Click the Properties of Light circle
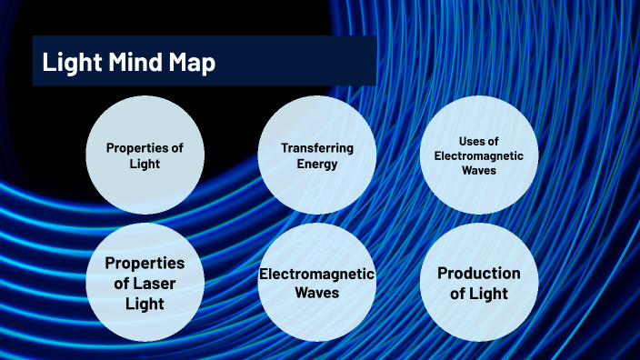coord(145,155)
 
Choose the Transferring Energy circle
coord(316,155)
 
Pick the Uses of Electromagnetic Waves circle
coord(478,155)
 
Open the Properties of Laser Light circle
coord(145,282)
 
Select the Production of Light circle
coord(478,282)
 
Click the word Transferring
coord(316,147)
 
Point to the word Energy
coord(316,164)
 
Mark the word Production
coord(478,273)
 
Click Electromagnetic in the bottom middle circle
coord(316,274)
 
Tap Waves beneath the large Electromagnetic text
coord(316,293)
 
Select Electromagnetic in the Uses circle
coord(478,155)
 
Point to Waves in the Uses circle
coord(478,169)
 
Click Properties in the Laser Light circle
coord(145,263)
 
